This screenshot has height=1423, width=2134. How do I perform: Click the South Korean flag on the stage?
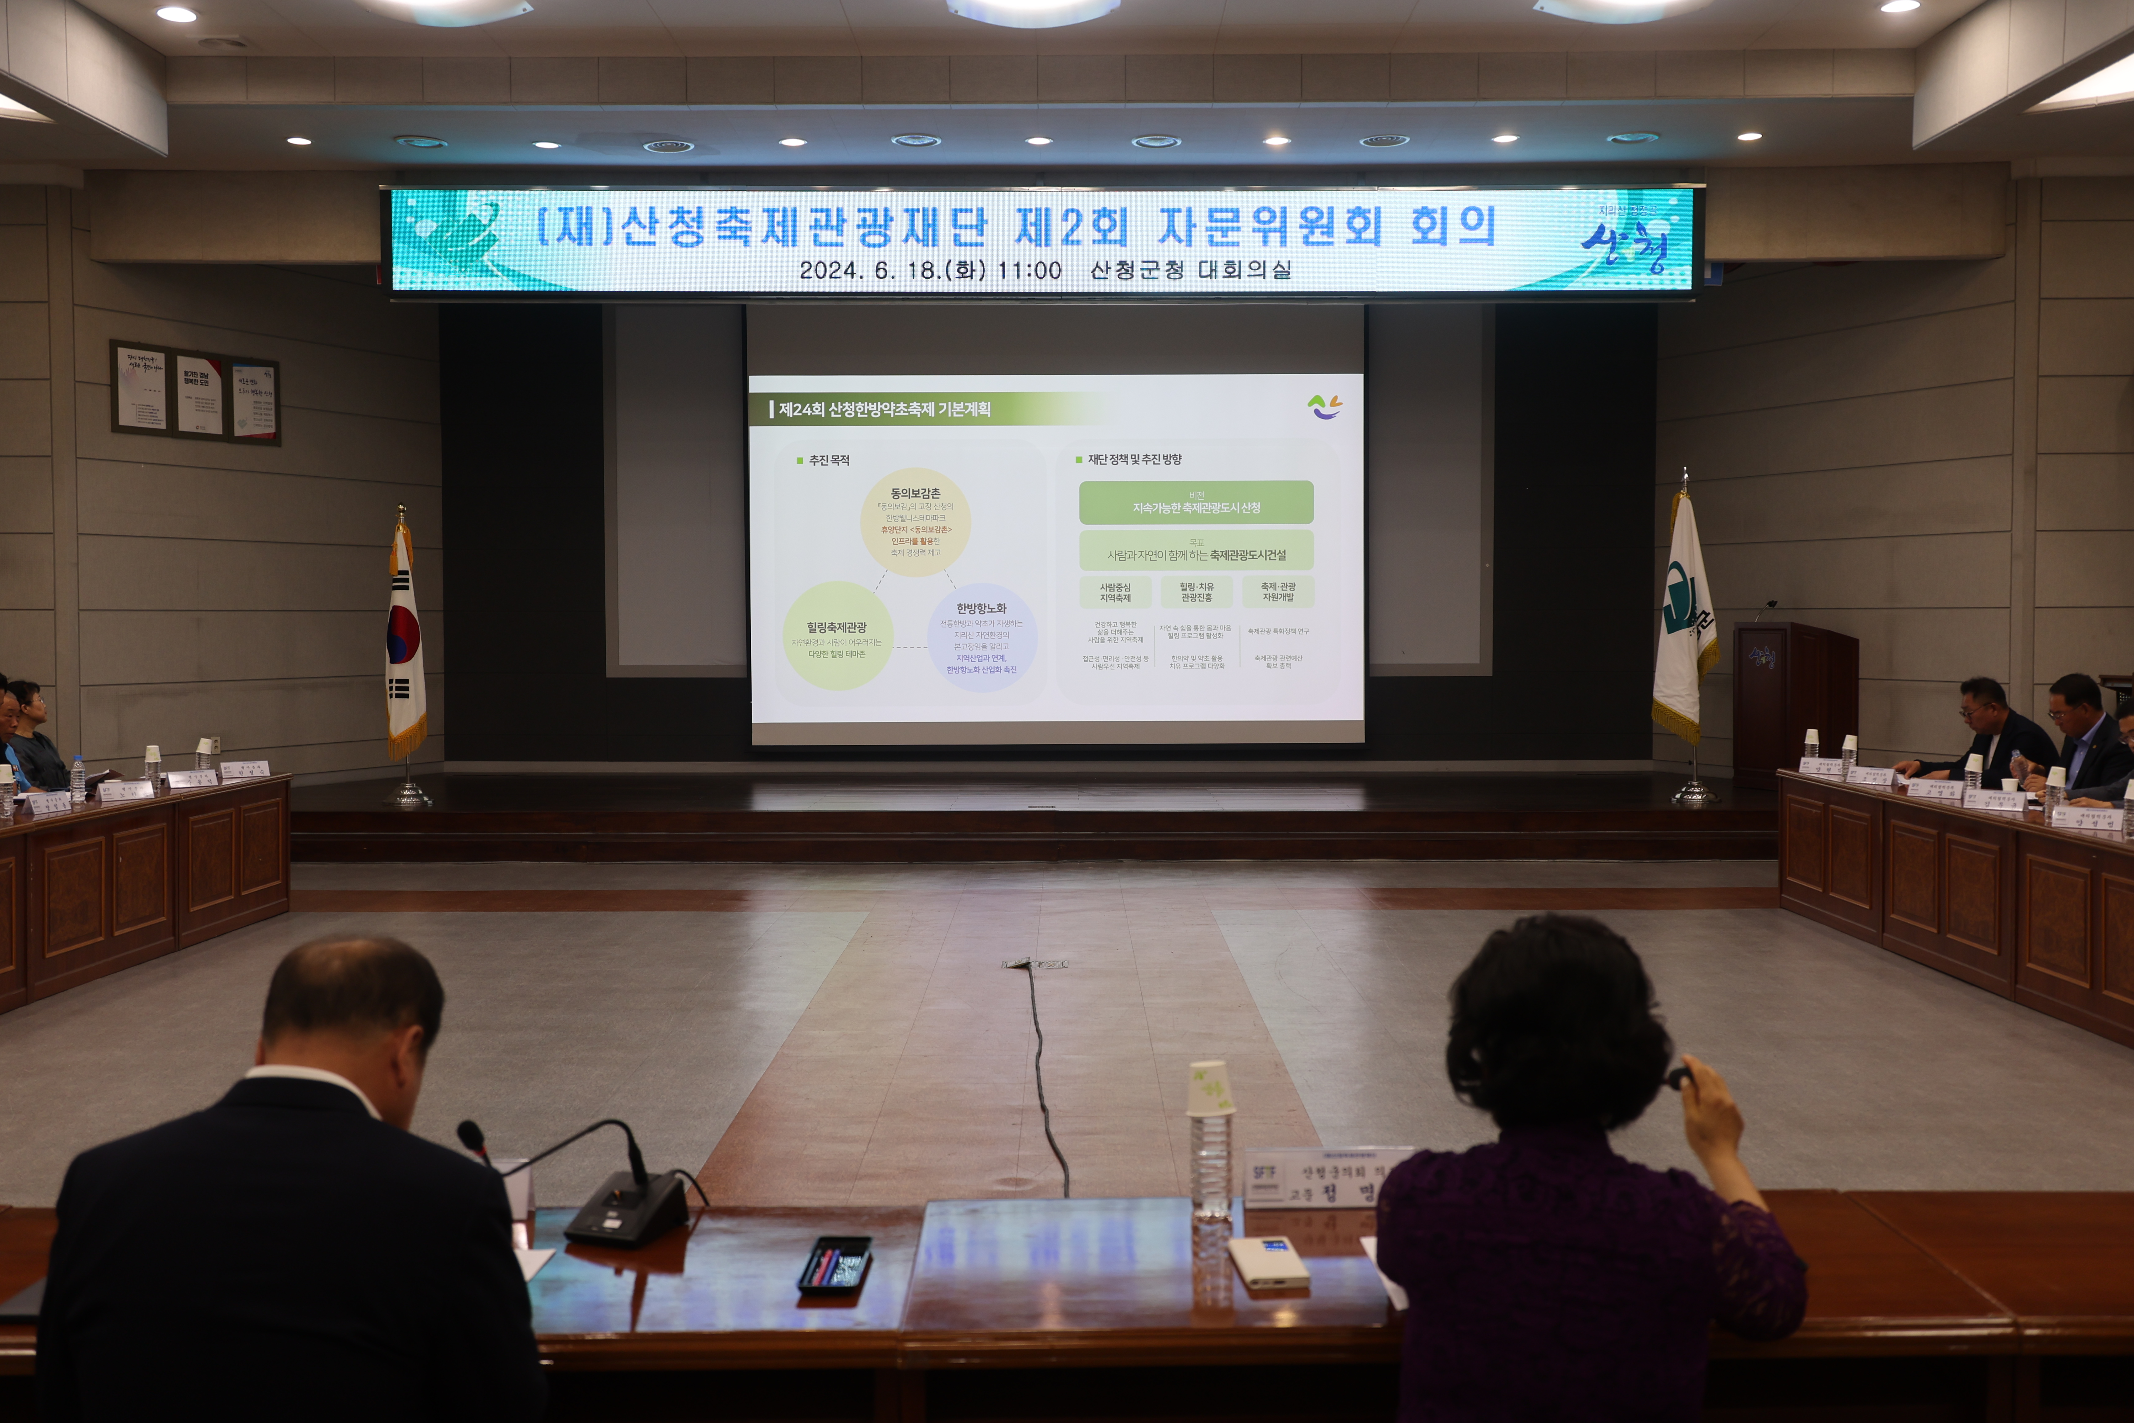(405, 644)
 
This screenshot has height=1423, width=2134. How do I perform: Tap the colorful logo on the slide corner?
(1325, 407)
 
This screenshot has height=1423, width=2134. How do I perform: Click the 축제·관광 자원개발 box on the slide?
(1278, 592)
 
